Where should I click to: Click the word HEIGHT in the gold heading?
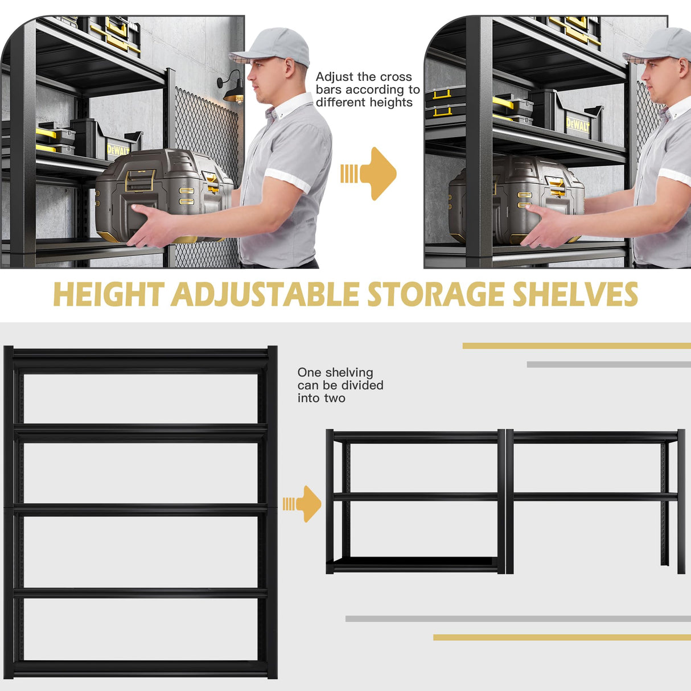[x=108, y=295]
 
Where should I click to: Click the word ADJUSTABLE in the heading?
[x=265, y=295]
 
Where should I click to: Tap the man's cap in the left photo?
[x=273, y=46]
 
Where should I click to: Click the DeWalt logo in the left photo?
[x=118, y=150]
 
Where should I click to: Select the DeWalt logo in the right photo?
[x=577, y=124]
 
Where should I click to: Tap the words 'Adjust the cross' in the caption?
[x=364, y=77]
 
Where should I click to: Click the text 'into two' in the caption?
[x=321, y=398]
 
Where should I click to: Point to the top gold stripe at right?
[x=576, y=345]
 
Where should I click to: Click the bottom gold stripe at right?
[x=561, y=637]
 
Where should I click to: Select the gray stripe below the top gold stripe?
[x=608, y=364]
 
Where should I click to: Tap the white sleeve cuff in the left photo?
[x=287, y=179]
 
